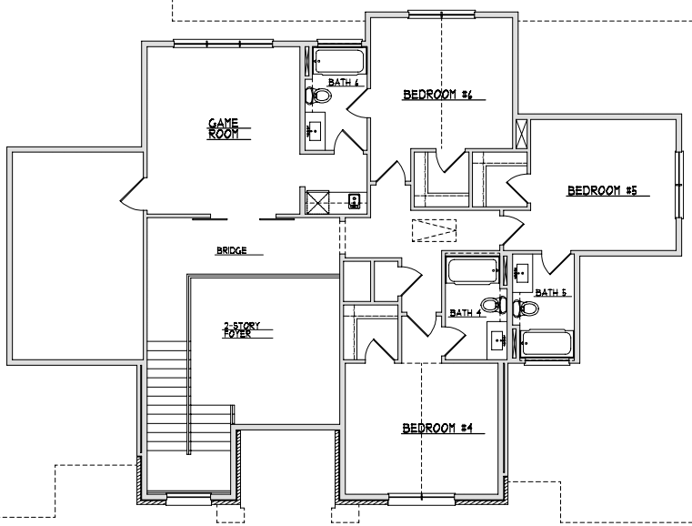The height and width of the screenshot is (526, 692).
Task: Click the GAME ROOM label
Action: [x=224, y=128]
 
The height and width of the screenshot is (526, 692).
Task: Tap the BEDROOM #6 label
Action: [x=437, y=95]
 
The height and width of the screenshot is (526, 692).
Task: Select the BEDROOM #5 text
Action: [x=602, y=190]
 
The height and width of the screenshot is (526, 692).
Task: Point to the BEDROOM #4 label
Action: [x=437, y=428]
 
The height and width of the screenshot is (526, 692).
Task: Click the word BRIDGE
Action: [x=231, y=250]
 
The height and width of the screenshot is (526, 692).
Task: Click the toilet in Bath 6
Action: [x=317, y=96]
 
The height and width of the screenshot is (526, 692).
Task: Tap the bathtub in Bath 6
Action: [x=339, y=61]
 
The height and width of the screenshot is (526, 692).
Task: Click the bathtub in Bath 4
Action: [x=473, y=270]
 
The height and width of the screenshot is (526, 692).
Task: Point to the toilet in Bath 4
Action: [x=494, y=304]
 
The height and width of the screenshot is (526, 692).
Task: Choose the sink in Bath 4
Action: [x=497, y=340]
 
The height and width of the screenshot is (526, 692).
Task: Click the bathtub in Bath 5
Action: [x=547, y=343]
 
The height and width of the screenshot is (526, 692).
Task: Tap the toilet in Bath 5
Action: [x=526, y=308]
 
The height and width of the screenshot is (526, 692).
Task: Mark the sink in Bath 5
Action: [x=523, y=272]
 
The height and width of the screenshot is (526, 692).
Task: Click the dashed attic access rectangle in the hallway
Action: [x=435, y=230]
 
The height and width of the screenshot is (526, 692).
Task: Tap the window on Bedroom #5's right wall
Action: [x=679, y=185]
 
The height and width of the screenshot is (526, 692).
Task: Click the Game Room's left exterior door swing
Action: [x=132, y=195]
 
